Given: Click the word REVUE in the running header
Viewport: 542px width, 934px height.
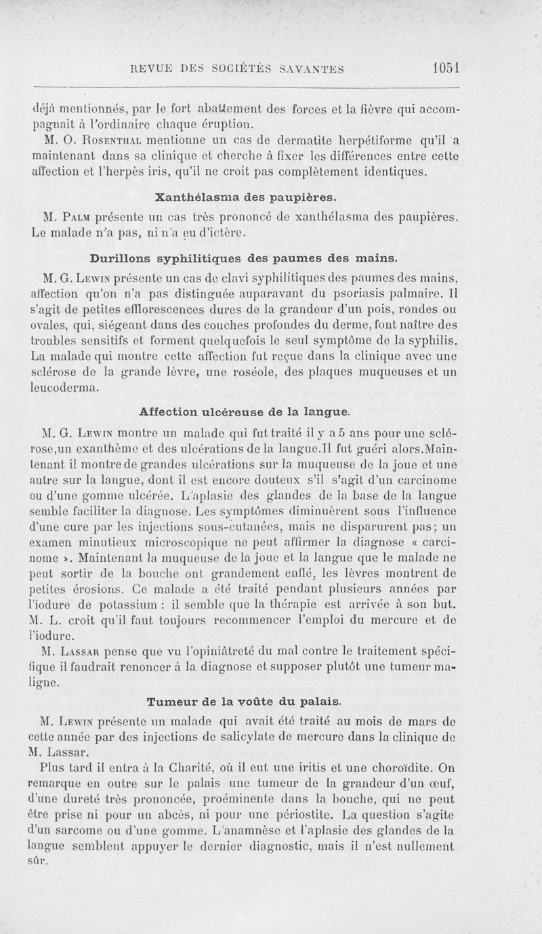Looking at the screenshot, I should pyautogui.click(x=153, y=68).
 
